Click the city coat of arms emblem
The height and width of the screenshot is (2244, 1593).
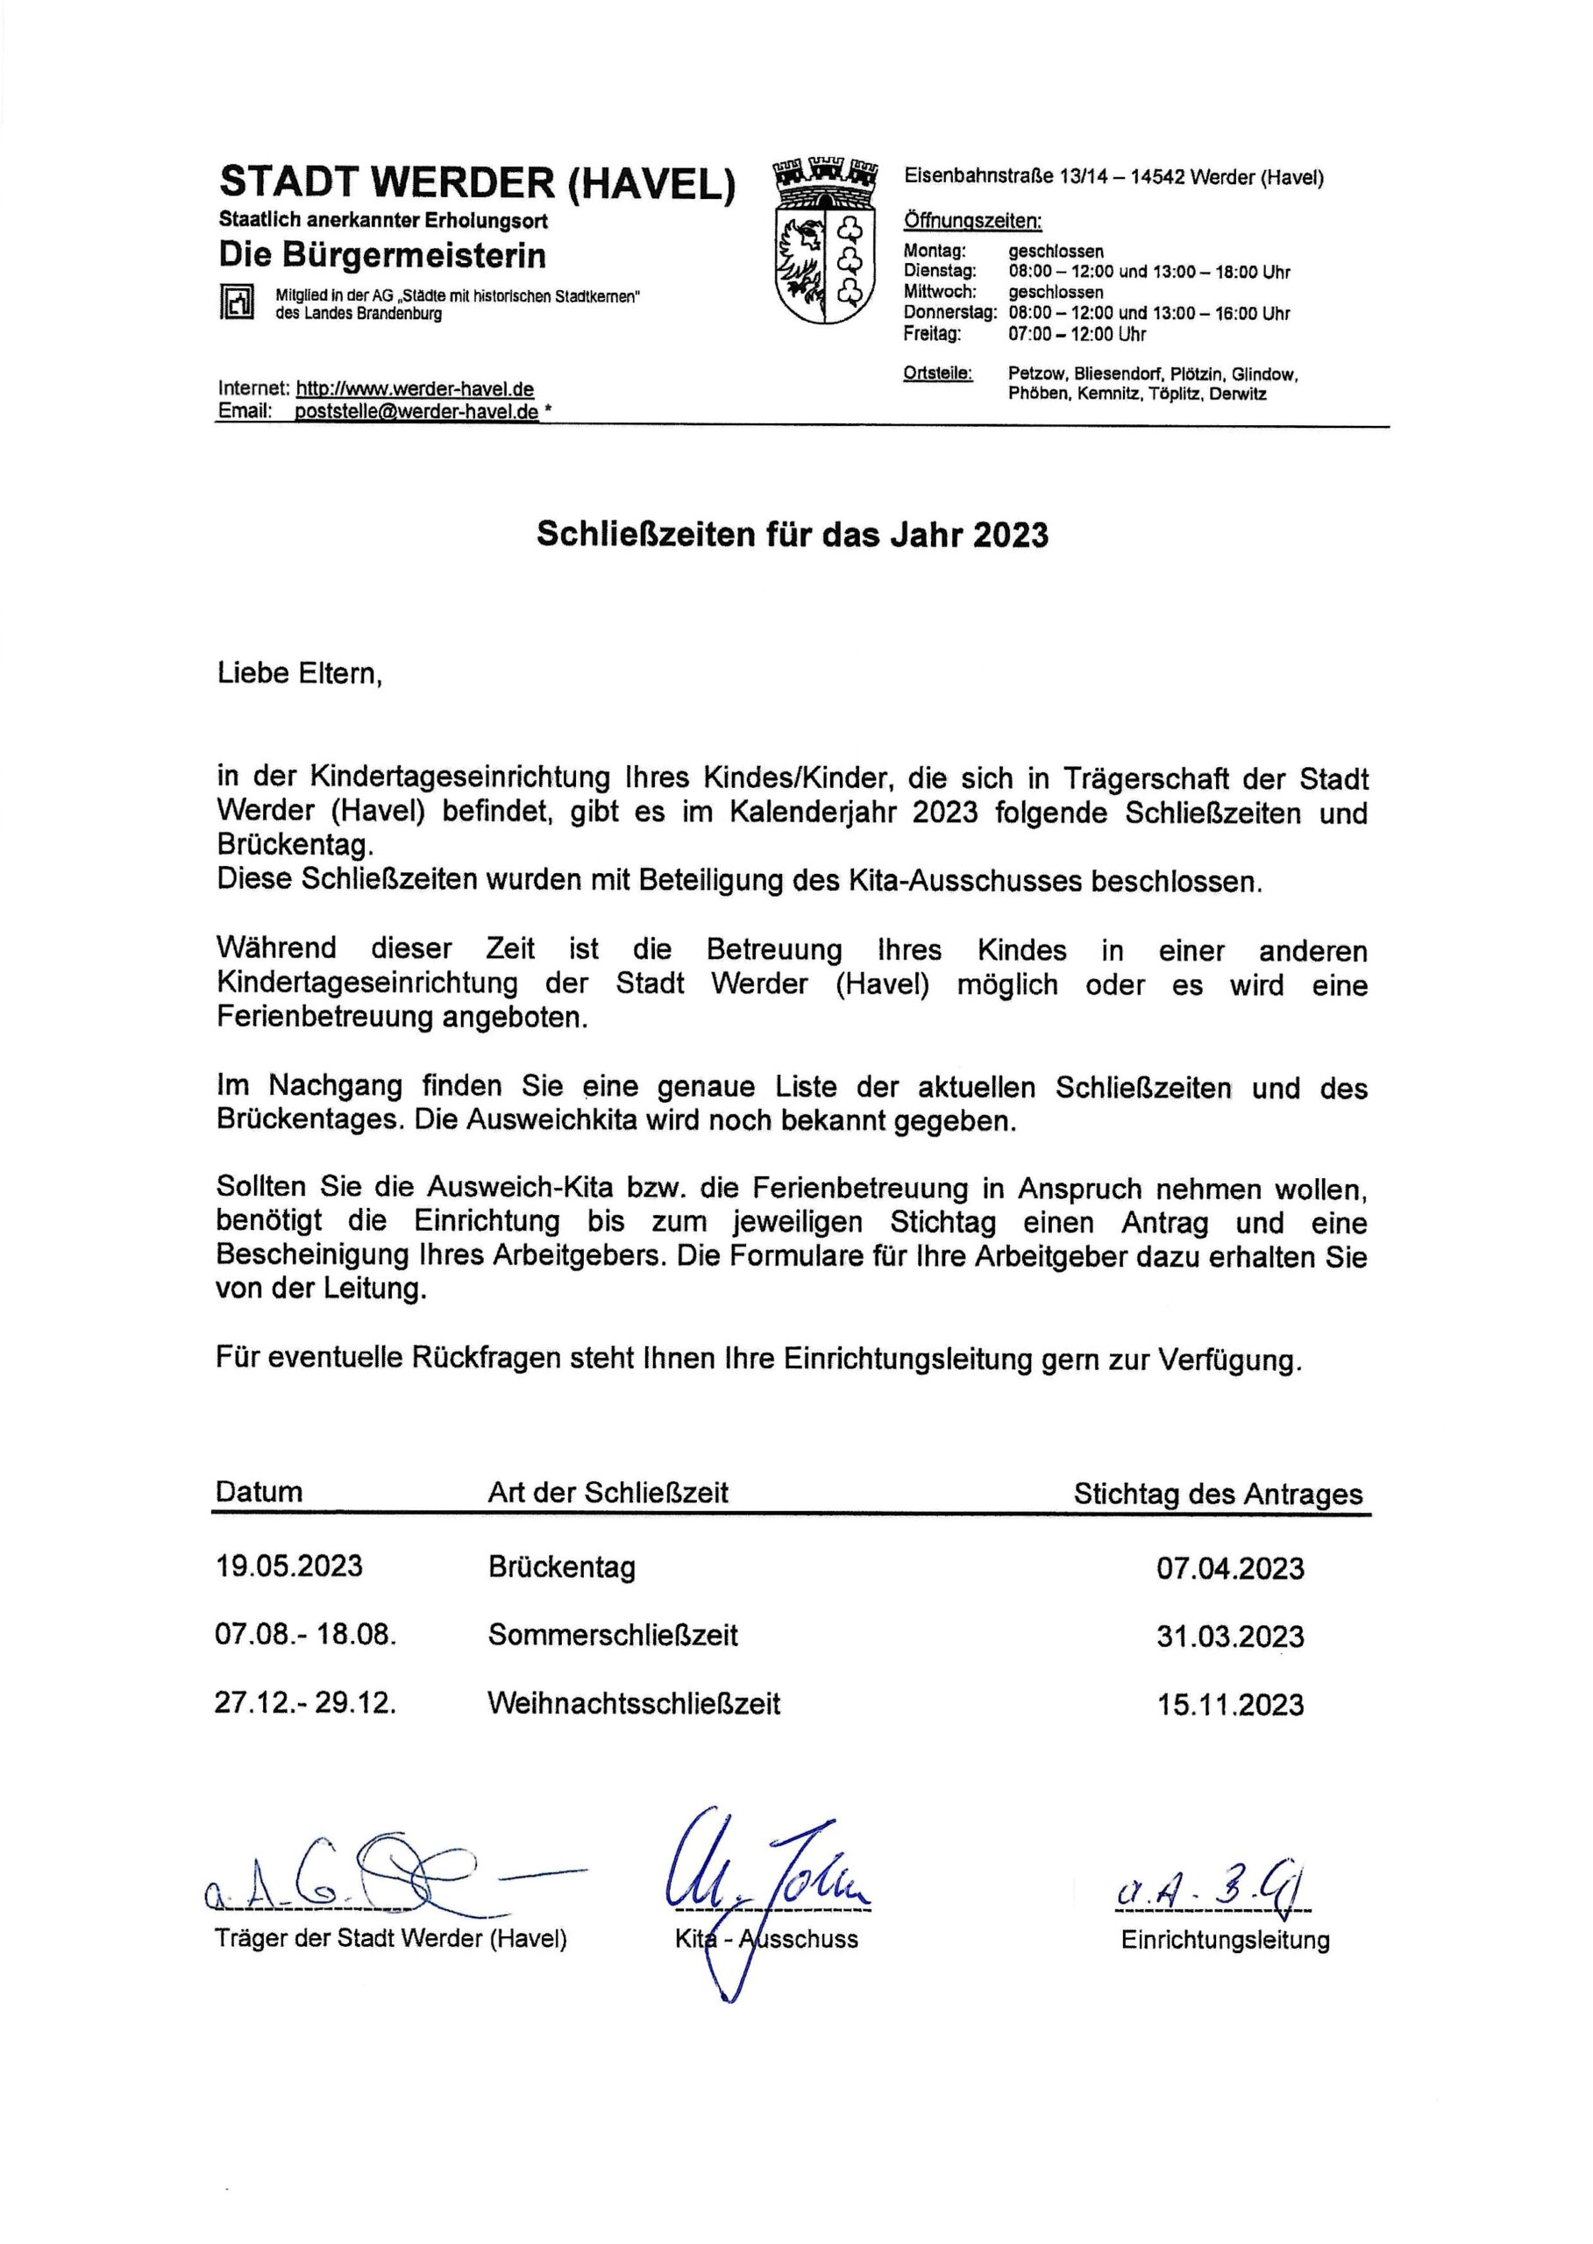click(x=824, y=241)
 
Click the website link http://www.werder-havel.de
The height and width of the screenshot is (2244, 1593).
click(x=415, y=389)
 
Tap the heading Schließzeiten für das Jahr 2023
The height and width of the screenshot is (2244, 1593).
click(x=792, y=536)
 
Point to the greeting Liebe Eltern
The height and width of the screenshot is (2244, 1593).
click(x=299, y=674)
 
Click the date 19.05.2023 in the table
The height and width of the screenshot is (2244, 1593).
click(x=288, y=1566)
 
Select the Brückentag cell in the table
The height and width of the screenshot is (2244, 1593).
click(x=561, y=1566)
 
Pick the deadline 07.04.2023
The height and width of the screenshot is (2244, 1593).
click(x=1230, y=1568)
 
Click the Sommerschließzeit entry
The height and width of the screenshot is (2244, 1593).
click(x=612, y=1635)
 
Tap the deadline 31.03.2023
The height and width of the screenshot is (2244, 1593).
click(x=1230, y=1637)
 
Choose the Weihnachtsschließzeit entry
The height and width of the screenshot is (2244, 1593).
click(x=634, y=1703)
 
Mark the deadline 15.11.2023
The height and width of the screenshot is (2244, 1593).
click(x=1230, y=1705)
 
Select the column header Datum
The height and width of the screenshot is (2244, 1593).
click(x=259, y=1492)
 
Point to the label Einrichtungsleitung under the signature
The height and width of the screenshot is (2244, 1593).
click(x=1225, y=1939)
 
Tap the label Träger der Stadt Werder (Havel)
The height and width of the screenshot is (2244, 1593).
click(x=390, y=1938)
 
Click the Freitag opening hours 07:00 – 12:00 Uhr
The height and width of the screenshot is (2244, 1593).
click(x=1077, y=335)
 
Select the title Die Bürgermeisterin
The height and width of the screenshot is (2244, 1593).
click(x=381, y=256)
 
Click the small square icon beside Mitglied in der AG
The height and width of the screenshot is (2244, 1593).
click(x=237, y=303)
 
